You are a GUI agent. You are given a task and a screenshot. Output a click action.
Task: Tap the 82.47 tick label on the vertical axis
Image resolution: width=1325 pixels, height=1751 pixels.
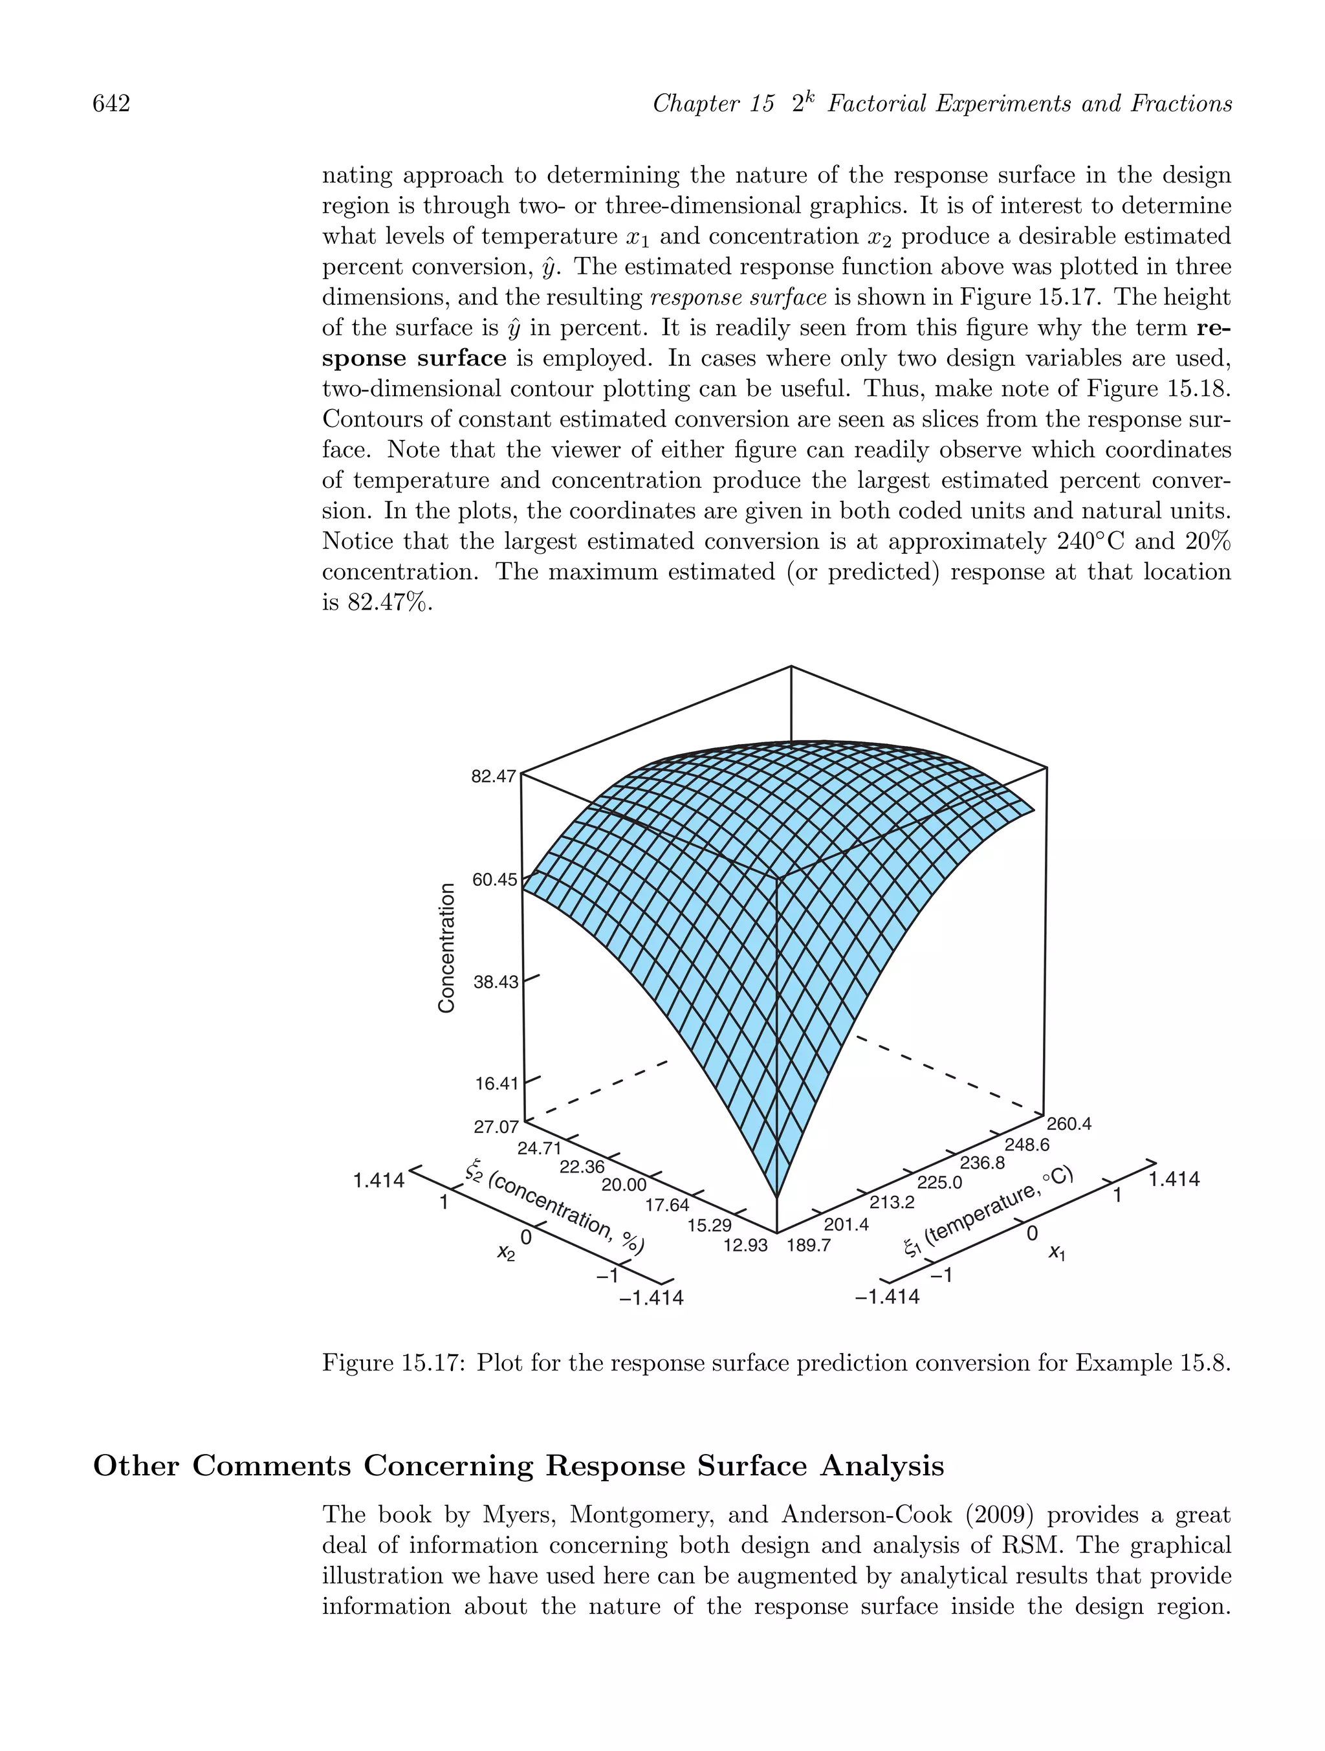493,776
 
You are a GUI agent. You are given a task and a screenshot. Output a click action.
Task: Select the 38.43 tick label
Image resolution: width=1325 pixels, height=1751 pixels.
495,982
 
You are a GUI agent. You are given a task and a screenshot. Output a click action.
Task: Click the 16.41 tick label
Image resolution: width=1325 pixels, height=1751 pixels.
496,1084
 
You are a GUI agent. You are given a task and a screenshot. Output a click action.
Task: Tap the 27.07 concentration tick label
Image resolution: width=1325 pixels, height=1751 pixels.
496,1127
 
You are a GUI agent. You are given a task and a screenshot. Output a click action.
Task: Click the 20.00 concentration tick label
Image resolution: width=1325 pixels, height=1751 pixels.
624,1185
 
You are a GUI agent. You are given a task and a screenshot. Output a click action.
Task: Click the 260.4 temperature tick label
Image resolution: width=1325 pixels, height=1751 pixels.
1069,1124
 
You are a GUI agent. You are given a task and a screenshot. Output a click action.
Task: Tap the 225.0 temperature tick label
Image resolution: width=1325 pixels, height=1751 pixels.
939,1183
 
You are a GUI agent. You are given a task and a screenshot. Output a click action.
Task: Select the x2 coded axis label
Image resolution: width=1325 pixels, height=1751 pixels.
506,1251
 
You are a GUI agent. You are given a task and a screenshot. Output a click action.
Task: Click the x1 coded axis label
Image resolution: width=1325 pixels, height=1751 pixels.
1057,1251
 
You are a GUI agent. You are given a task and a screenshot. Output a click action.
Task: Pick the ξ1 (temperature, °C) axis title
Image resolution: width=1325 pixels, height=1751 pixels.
988,1209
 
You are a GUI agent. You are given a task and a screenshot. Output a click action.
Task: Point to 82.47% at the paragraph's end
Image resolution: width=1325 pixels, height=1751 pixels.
389,603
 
